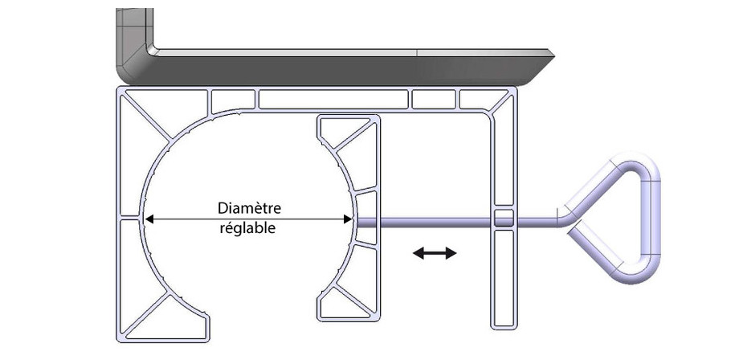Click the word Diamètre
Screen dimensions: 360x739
click(x=250, y=208)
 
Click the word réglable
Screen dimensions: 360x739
click(x=248, y=228)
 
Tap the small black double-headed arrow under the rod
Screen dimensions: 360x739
click(x=435, y=253)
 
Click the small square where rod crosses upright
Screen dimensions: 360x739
click(x=503, y=218)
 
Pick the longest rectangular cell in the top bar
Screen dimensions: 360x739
click(x=333, y=99)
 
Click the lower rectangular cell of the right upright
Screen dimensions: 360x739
click(x=503, y=277)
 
